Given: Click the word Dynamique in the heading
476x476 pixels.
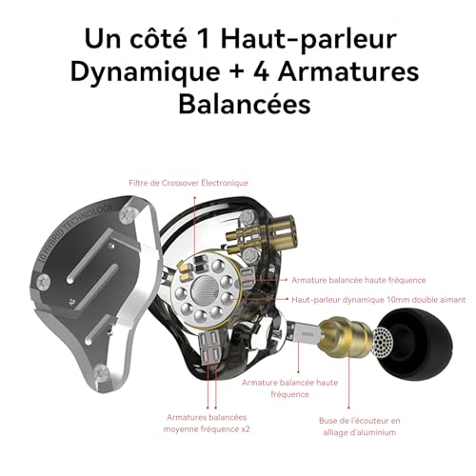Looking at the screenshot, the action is coord(145,72).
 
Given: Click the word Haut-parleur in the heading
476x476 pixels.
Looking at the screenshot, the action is coord(308,40).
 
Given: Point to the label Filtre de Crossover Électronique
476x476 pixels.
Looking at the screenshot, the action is coord(188,183).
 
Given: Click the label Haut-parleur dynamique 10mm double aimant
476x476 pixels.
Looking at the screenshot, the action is coord(379,300).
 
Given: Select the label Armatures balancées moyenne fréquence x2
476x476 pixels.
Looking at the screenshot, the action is coord(207,424).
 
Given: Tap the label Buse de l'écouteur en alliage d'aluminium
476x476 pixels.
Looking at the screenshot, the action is coord(360,426).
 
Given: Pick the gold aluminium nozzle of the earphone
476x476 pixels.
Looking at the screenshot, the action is coord(345,336).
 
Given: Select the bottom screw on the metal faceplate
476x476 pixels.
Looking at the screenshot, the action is coord(102,370).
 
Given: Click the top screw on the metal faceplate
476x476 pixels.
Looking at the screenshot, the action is coord(128,215).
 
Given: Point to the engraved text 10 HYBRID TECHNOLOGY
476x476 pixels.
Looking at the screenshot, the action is coord(75,233).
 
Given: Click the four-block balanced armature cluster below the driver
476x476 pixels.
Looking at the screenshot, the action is coord(209,346).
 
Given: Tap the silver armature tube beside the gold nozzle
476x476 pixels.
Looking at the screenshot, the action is coord(304,332).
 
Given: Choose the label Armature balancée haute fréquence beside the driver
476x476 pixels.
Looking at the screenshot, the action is coord(359,280).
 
